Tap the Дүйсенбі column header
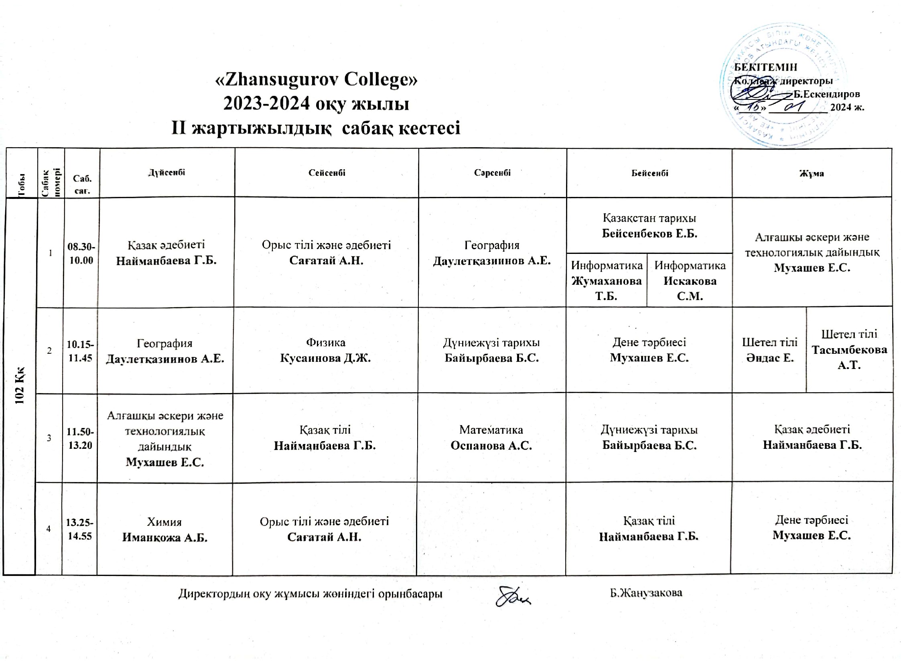coord(166,172)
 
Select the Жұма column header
coord(812,173)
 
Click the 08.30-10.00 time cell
coord(81,253)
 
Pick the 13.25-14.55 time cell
coord(80,529)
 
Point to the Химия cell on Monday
coord(164,529)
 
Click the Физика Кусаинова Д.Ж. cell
coord(325,350)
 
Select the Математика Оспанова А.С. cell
coord(491,438)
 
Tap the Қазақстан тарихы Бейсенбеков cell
coord(649,225)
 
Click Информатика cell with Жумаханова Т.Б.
coord(607,280)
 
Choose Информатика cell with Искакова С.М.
coord(690,280)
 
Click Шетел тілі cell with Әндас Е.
coord(769,350)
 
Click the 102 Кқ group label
coord(20,385)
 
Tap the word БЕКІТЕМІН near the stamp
coord(765,67)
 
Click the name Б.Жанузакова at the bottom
coord(646,592)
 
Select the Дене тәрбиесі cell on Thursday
coord(649,350)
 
